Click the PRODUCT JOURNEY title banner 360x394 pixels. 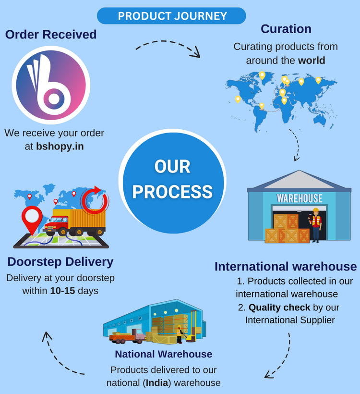click(172, 16)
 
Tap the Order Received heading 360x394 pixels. click(51, 35)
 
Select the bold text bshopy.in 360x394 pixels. click(60, 146)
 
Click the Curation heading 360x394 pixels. click(286, 29)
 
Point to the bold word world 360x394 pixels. click(312, 61)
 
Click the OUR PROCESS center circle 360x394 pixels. click(172, 179)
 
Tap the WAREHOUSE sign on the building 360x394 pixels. click(300, 198)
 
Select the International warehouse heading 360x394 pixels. click(286, 267)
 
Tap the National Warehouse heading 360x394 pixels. click(163, 354)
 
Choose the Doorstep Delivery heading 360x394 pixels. click(60, 262)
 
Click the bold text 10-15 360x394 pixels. click(62, 291)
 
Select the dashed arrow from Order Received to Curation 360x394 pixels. click(168, 47)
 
